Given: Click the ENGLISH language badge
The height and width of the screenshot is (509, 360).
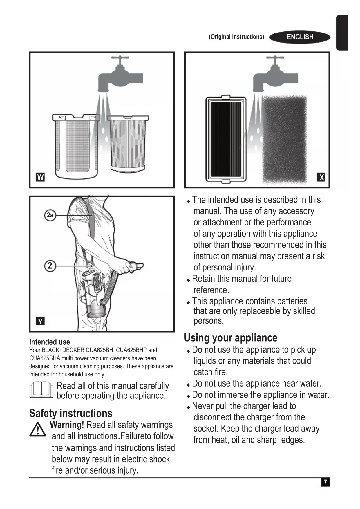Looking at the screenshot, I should [x=300, y=37].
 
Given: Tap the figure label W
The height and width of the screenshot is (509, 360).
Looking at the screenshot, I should [x=40, y=177].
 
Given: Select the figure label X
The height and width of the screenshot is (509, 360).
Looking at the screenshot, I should [x=321, y=177].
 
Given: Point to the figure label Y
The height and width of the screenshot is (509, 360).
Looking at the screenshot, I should [x=40, y=321].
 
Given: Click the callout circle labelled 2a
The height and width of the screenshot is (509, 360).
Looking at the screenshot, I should [x=50, y=215].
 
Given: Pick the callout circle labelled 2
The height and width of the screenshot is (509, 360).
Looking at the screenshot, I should [x=50, y=266].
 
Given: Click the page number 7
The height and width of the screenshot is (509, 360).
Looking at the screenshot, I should [x=325, y=482].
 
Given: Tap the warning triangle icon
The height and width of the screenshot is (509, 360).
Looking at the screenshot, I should [x=38, y=430].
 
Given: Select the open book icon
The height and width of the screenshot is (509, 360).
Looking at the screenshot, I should [x=41, y=390].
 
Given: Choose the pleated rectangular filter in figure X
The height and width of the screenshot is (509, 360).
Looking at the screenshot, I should [x=226, y=139].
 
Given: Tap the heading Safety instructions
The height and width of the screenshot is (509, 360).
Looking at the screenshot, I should [x=71, y=413].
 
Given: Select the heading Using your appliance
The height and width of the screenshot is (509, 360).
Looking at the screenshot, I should [x=231, y=338].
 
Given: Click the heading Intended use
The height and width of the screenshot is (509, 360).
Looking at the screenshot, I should [x=50, y=342].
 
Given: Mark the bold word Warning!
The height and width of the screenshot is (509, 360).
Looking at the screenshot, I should [x=67, y=425].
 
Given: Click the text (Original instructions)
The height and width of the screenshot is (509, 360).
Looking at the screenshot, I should [x=236, y=37].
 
